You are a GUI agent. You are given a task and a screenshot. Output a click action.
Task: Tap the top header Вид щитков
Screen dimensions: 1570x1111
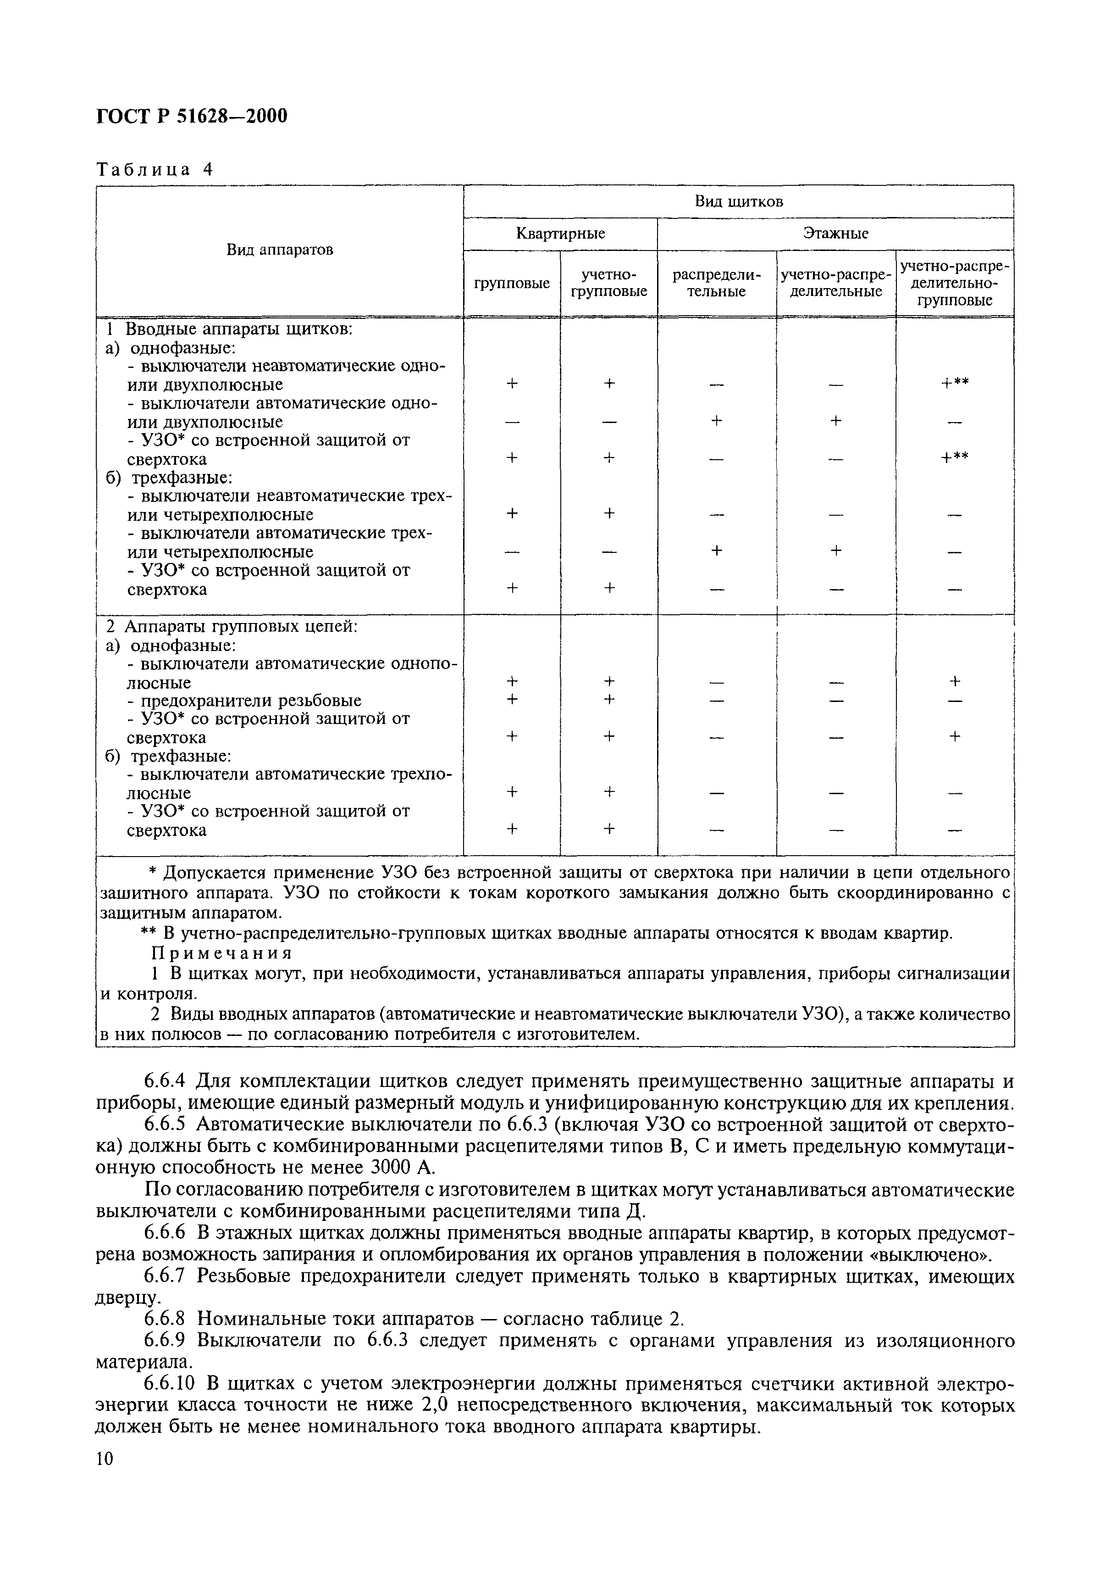pyautogui.click(x=738, y=201)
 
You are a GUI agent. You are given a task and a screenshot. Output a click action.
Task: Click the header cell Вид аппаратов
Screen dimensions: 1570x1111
pyautogui.click(x=280, y=250)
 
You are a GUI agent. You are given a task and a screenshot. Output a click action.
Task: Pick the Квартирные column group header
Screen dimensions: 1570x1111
pyautogui.click(x=560, y=234)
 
